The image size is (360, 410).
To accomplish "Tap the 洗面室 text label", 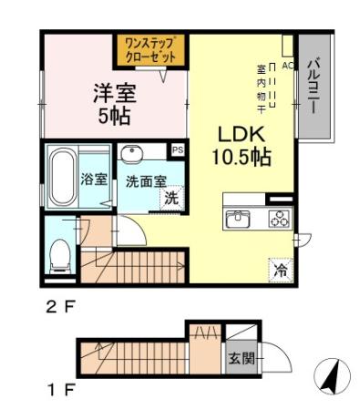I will click(144, 180).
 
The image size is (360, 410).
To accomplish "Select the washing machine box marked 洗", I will click(170, 198).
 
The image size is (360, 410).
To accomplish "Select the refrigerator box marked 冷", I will click(280, 270).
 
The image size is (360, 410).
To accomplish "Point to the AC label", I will click(286, 66).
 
